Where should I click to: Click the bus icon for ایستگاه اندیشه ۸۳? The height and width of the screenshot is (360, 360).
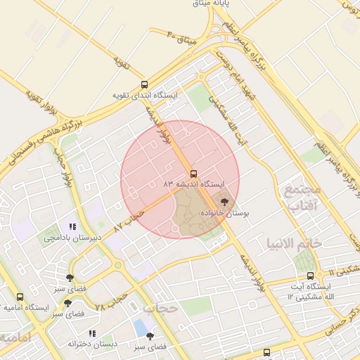[193, 173]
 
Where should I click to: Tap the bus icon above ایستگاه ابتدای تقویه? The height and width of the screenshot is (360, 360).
[144, 84]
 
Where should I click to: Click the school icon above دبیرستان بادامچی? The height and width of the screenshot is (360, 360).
[72, 226]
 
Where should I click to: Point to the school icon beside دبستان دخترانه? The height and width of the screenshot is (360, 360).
[91, 333]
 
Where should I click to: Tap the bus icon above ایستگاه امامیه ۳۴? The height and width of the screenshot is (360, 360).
[20, 297]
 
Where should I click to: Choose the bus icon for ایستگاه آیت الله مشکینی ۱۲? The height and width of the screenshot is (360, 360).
[311, 276]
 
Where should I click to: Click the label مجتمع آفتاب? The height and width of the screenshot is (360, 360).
[303, 198]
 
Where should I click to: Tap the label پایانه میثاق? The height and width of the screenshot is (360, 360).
[215, 4]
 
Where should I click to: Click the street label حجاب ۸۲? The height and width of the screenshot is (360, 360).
[129, 220]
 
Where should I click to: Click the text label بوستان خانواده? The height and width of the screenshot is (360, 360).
[226, 212]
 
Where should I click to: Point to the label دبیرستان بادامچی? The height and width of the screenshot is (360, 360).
[72, 237]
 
